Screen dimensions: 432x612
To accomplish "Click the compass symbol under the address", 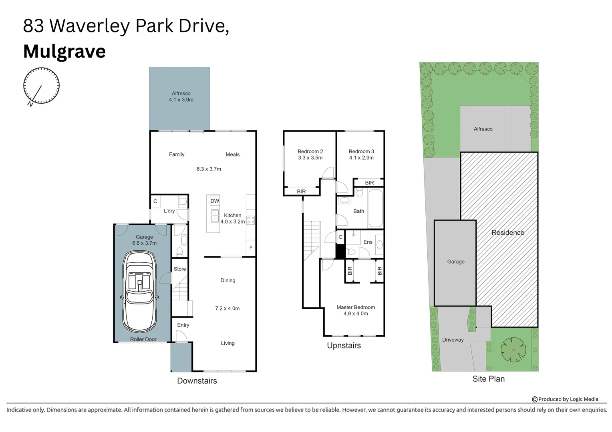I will click(x=41, y=86).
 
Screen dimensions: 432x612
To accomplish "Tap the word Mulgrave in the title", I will click(x=64, y=52).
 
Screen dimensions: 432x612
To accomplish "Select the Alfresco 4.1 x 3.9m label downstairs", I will click(x=181, y=97).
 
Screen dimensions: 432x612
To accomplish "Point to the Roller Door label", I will click(x=143, y=339).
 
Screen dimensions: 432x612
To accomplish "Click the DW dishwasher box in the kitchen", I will click(x=215, y=201).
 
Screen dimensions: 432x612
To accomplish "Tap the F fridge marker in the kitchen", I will click(x=251, y=248).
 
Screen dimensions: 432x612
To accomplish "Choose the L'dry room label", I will click(x=169, y=211).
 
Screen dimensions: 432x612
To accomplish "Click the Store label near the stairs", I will click(x=180, y=269).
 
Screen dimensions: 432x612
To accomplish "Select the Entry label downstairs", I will click(x=183, y=325).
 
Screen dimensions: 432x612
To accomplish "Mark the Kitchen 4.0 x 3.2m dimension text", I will click(x=233, y=222).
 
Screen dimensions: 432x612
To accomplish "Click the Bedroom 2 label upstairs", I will click(x=310, y=152).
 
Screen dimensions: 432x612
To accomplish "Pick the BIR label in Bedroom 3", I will click(x=369, y=183).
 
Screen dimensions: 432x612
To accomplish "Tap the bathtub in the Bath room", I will click(x=375, y=208).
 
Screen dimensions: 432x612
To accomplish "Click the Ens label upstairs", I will click(x=368, y=242).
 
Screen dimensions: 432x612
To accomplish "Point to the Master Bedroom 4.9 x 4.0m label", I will click(x=356, y=310).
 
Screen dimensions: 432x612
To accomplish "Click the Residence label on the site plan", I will click(x=507, y=232).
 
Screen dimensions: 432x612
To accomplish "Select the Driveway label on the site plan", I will click(x=453, y=340).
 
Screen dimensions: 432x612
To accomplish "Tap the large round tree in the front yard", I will click(x=513, y=350).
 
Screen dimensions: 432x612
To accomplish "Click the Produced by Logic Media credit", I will click(x=565, y=399).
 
